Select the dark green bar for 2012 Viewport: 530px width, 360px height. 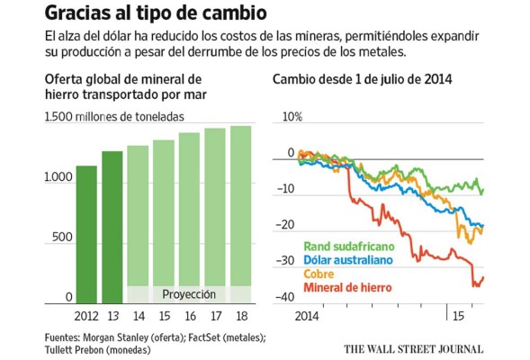click(x=86, y=234)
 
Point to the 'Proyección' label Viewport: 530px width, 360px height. click(x=189, y=294)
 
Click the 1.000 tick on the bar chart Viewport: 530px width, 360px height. click(x=55, y=177)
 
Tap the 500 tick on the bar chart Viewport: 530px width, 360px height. click(x=59, y=237)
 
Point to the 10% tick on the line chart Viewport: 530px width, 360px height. click(x=292, y=118)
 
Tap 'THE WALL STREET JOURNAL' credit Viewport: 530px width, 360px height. click(x=413, y=348)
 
